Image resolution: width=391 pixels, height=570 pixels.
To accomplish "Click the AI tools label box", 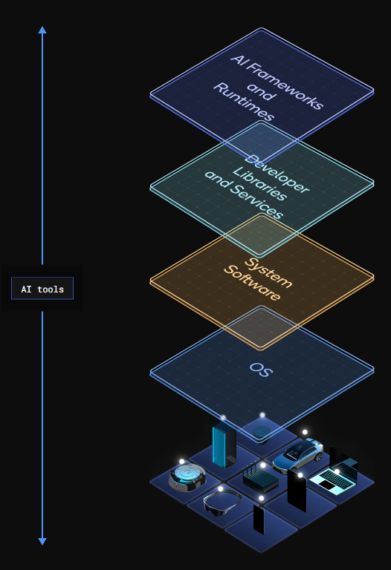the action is click(x=42, y=288).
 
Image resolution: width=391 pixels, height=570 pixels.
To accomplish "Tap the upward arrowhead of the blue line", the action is click(x=42, y=30).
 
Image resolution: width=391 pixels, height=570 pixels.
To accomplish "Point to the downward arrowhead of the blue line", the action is click(x=42, y=541).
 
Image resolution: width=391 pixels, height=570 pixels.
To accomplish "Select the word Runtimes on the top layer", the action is click(x=244, y=102).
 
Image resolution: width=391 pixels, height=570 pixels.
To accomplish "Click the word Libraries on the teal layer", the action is click(x=259, y=183).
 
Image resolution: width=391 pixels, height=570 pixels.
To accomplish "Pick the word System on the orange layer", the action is click(x=268, y=272).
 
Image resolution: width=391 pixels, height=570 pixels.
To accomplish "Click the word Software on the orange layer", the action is click(x=252, y=283).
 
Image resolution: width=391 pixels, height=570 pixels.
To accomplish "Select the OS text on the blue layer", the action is click(x=261, y=370).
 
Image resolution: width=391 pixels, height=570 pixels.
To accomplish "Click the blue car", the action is click(x=298, y=455).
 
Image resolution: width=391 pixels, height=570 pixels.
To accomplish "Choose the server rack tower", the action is click(x=224, y=445).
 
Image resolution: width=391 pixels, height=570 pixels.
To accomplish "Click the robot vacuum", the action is click(x=187, y=478).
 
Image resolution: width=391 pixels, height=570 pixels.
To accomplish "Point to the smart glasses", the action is click(x=222, y=500).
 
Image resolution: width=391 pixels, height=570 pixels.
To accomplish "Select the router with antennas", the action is click(x=260, y=479).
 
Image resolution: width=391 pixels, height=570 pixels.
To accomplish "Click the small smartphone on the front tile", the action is click(x=259, y=520).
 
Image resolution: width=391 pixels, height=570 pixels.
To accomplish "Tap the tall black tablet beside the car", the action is click(x=297, y=491).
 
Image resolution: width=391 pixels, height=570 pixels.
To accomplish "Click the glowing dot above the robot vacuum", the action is click(x=181, y=462).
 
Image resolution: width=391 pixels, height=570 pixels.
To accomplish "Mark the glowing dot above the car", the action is click(x=305, y=432).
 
